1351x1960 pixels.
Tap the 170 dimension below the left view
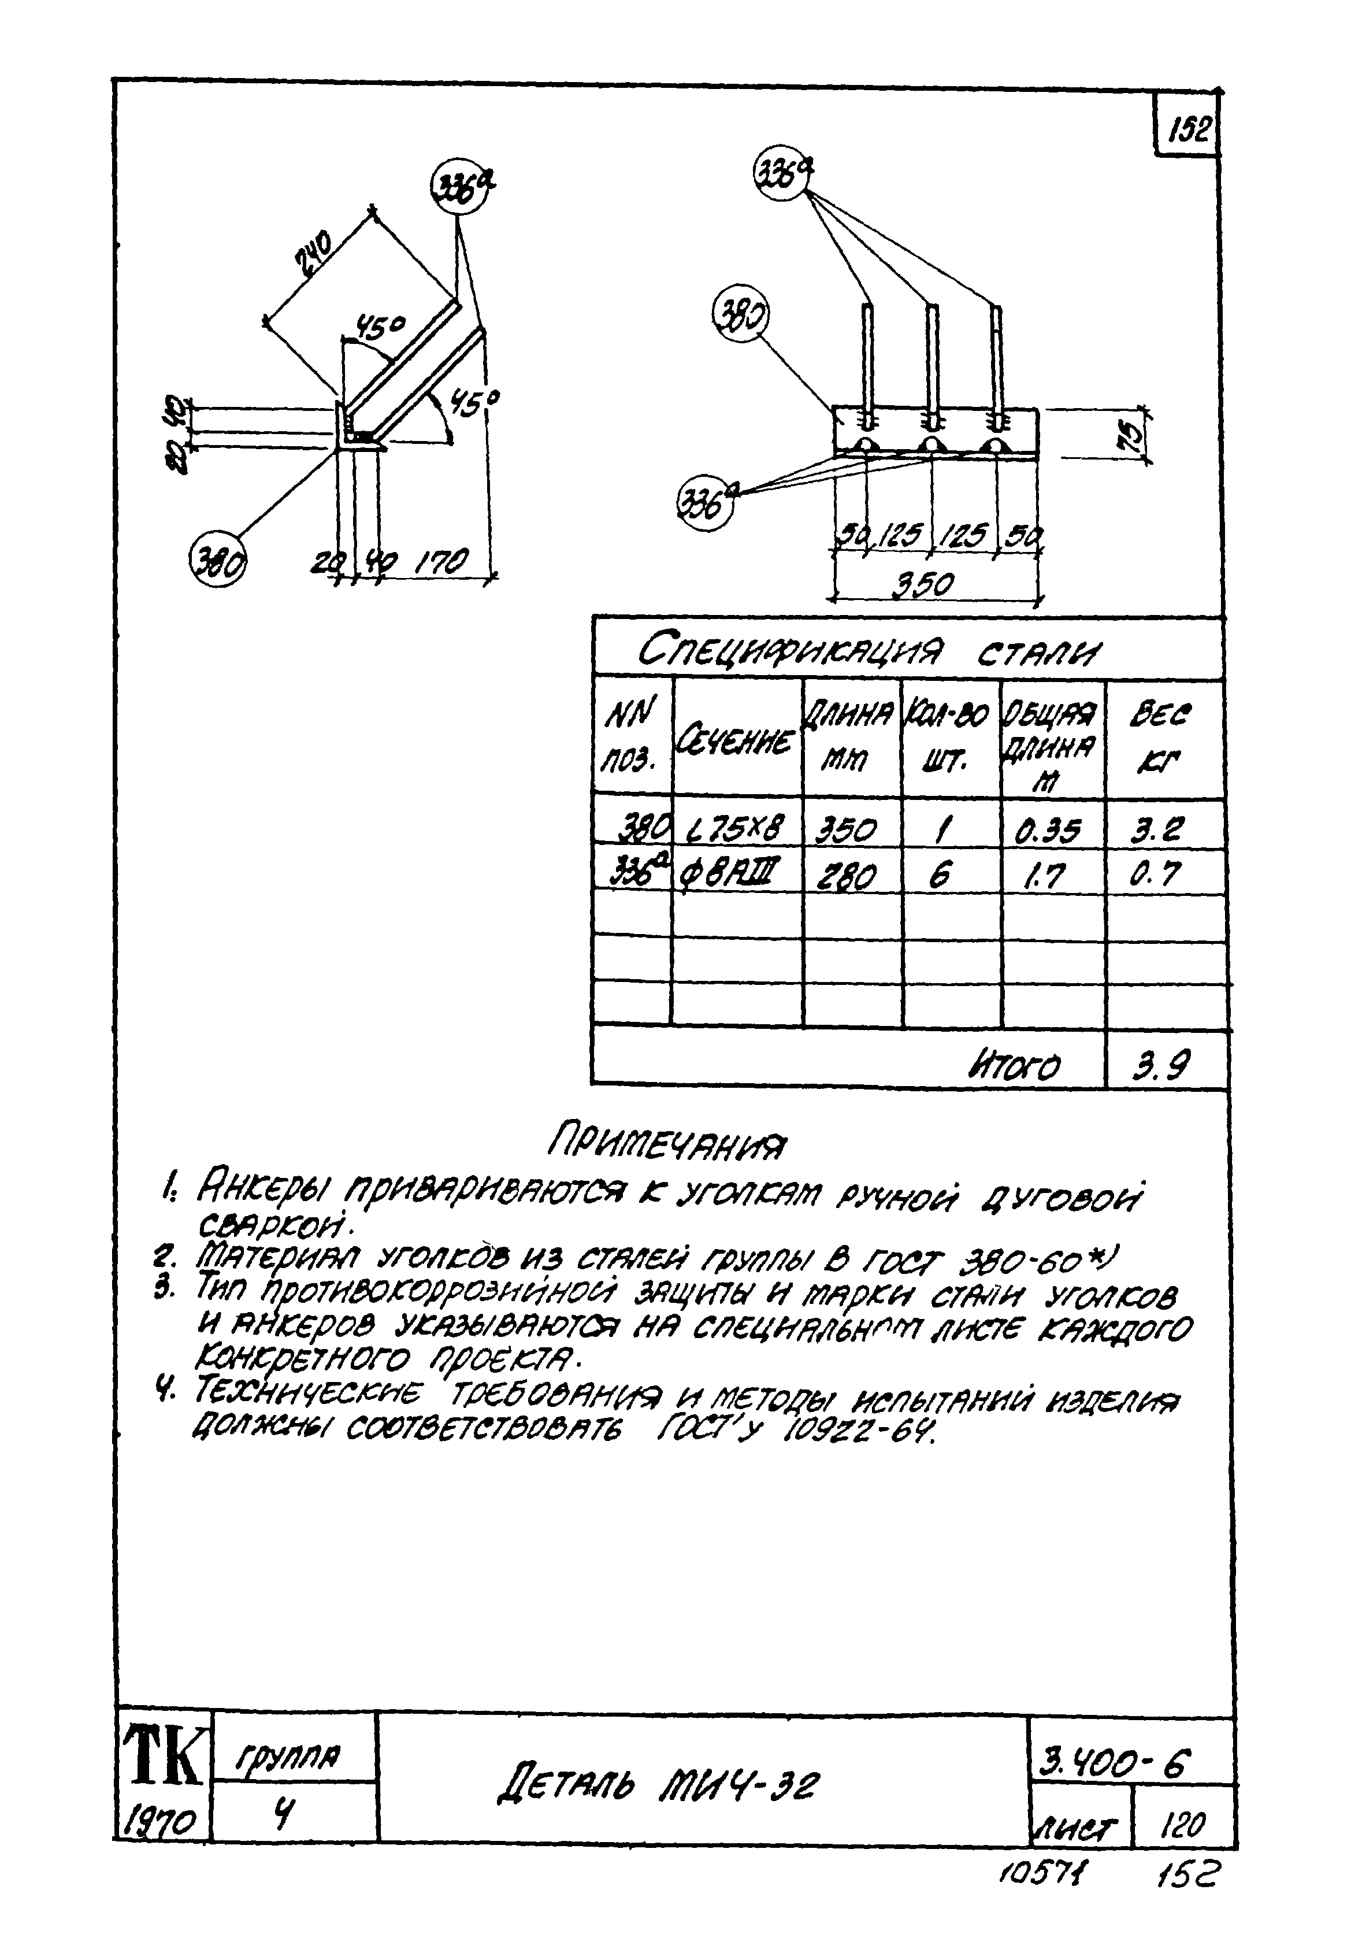pyautogui.click(x=442, y=561)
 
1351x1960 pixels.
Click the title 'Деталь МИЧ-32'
pyautogui.click(x=658, y=1785)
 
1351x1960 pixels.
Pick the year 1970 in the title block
pyautogui.click(x=161, y=1818)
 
